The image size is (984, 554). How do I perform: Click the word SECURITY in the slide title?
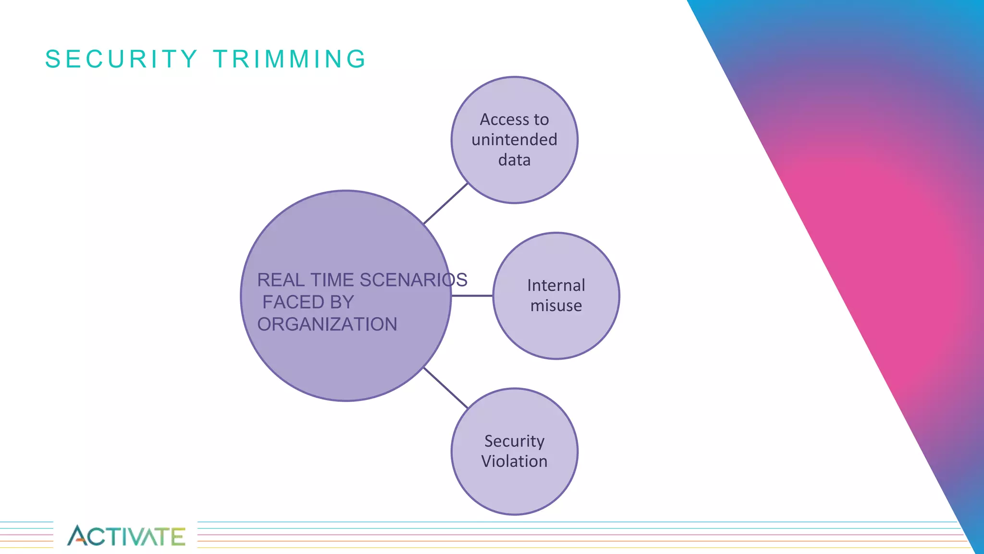pyautogui.click(x=121, y=59)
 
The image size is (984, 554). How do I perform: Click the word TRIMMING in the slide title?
pyautogui.click(x=290, y=59)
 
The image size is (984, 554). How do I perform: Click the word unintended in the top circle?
pyautogui.click(x=514, y=139)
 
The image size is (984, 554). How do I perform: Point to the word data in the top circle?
pyautogui.click(x=514, y=160)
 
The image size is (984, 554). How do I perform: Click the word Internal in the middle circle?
pyautogui.click(x=556, y=285)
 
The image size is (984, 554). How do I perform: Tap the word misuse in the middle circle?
pyautogui.click(x=556, y=305)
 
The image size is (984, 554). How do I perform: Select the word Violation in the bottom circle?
pyautogui.click(x=514, y=461)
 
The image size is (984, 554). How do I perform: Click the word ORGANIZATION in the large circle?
pyautogui.click(x=327, y=324)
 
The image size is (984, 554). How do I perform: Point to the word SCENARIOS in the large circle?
pyautogui.click(x=413, y=280)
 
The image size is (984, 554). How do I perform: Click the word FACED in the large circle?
pyautogui.click(x=287, y=302)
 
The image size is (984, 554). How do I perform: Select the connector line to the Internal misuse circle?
pyautogui.click(x=472, y=296)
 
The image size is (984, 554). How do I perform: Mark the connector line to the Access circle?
pyautogui.click(x=446, y=203)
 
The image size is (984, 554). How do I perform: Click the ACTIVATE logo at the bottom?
pyautogui.click(x=126, y=536)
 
